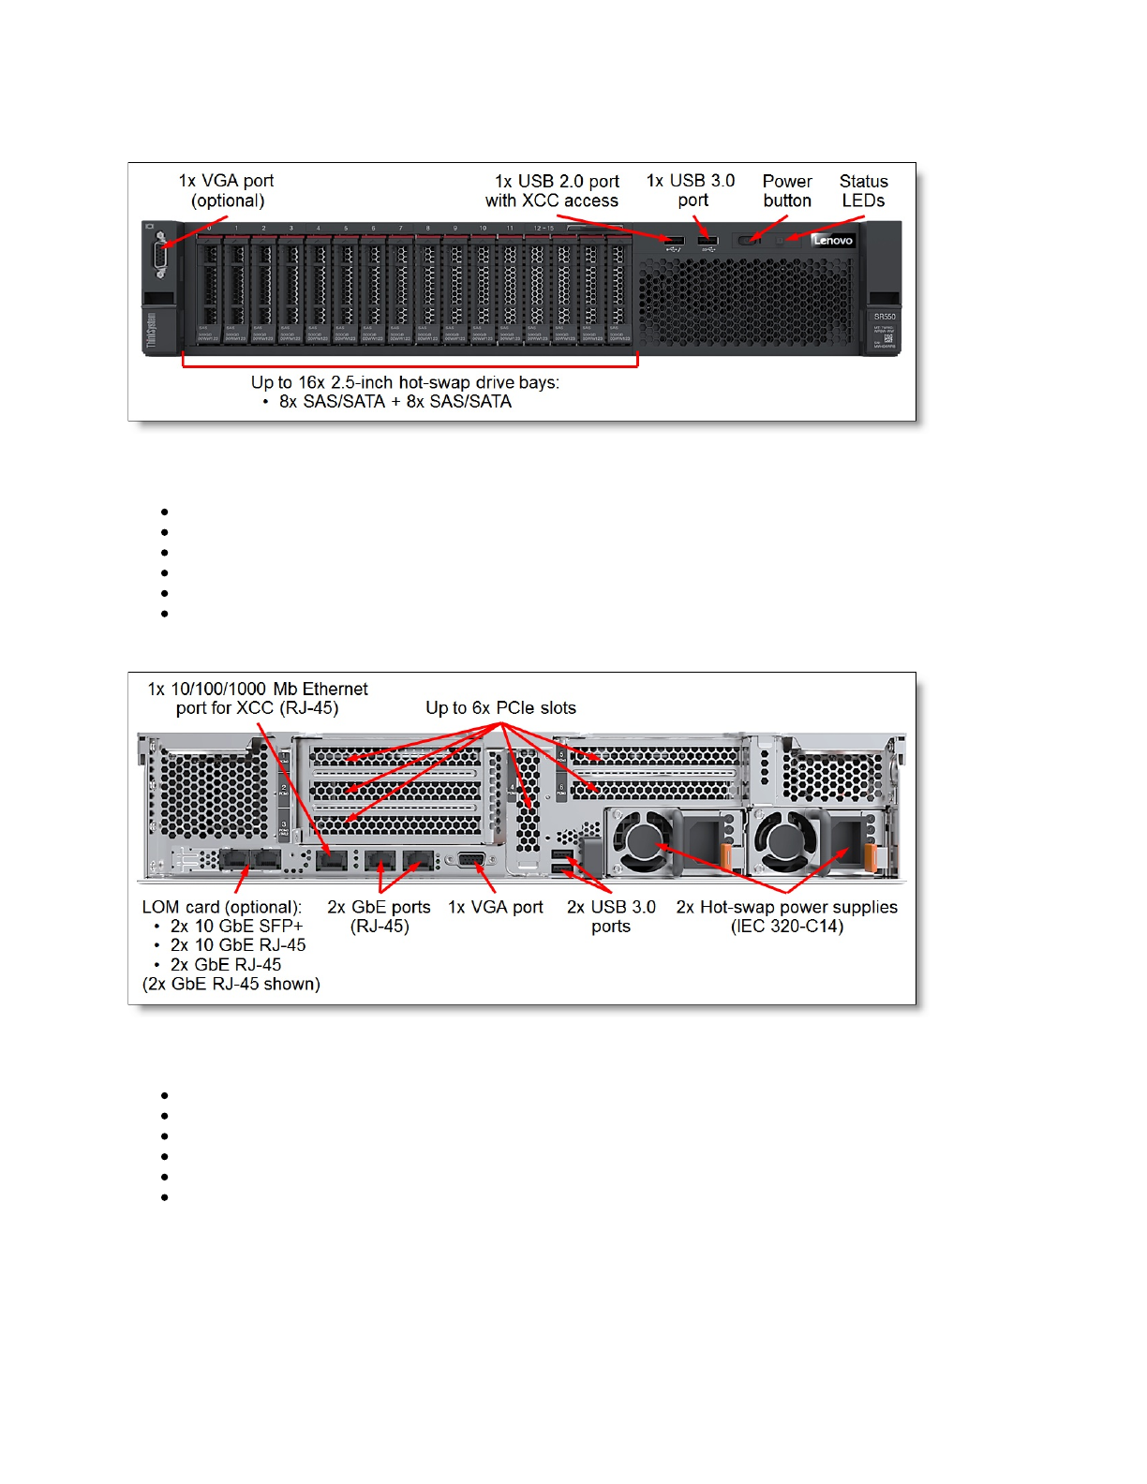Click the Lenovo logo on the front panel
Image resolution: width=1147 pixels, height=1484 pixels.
pos(833,241)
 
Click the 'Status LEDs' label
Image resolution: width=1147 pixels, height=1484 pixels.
pos(863,191)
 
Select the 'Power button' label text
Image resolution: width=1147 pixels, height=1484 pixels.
pos(787,191)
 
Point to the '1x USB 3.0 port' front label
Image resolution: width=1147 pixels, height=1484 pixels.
pos(692,190)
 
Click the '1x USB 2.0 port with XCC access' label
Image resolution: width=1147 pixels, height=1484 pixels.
pos(553,191)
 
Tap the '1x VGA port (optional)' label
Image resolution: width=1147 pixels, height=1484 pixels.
pos(227,190)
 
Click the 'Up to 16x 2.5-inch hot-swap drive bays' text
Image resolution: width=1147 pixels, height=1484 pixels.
pos(405,382)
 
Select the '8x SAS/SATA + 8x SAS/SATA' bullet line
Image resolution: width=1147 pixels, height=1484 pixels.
pos(395,402)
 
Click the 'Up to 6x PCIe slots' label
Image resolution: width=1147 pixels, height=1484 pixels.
pos(500,708)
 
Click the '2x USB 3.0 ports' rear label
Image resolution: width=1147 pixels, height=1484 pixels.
pos(611,916)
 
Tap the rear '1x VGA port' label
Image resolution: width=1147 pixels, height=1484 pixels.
pos(496,907)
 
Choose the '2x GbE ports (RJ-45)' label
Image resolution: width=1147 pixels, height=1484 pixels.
pos(379,916)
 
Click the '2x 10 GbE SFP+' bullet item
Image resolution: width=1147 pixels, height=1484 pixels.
pos(236,927)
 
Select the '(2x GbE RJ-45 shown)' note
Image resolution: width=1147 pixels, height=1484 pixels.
pos(231,984)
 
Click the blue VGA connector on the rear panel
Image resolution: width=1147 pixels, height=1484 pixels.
pos(471,861)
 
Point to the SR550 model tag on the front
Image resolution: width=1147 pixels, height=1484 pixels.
pos(884,317)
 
